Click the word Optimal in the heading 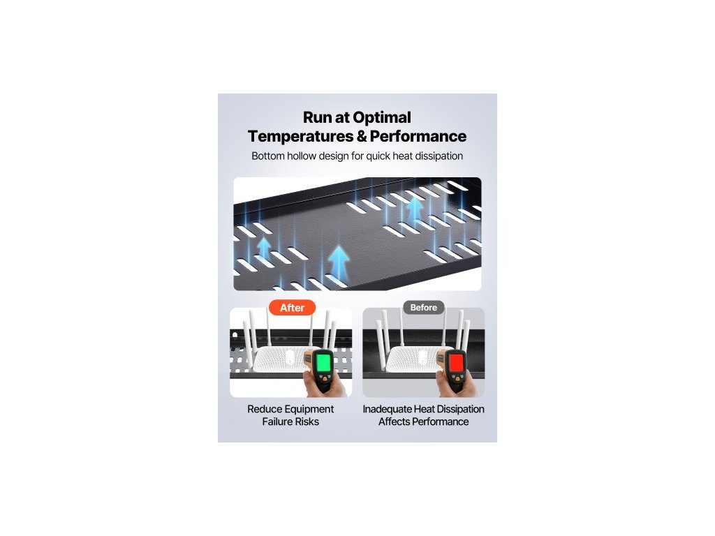pos(380,117)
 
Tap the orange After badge pos(292,308)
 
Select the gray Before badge pos(423,308)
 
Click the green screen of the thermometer pos(323,363)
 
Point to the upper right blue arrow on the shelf pos(415,207)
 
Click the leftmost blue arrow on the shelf pos(265,248)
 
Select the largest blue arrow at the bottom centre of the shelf pos(339,261)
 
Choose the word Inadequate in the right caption pos(388,409)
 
